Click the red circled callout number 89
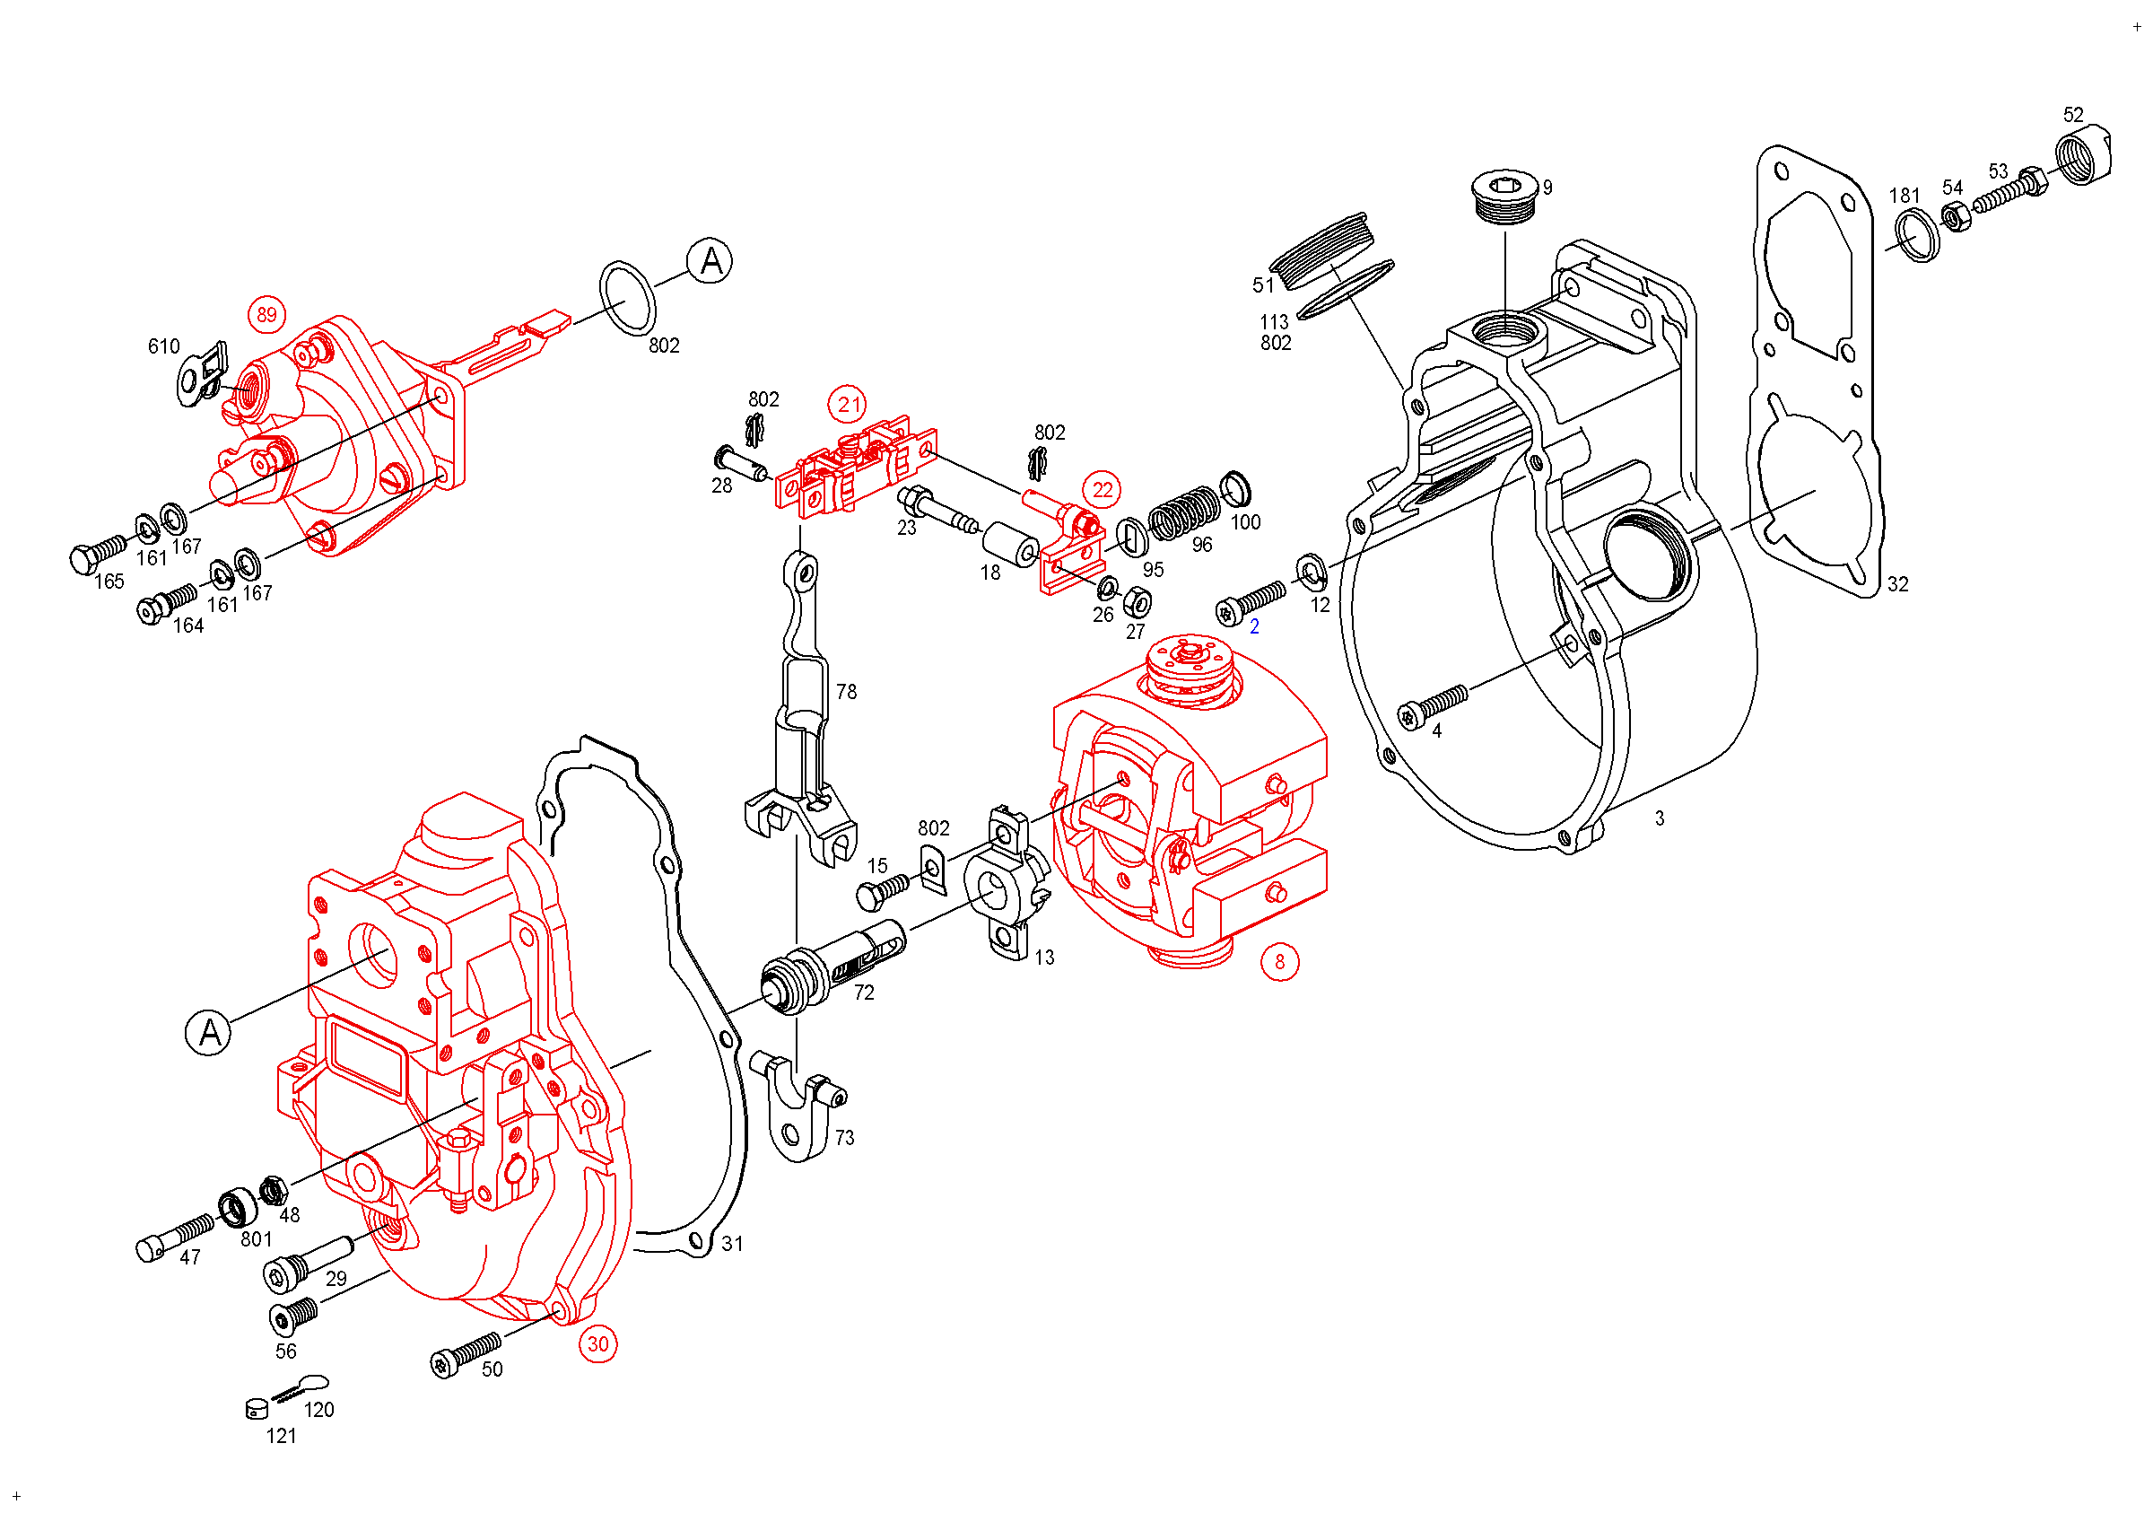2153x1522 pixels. click(x=267, y=315)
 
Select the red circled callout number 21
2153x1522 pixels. click(x=848, y=405)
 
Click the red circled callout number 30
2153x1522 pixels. click(x=598, y=1344)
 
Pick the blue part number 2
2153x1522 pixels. click(x=1255, y=627)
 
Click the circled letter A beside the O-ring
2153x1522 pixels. click(x=710, y=261)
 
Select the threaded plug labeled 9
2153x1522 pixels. click(x=1504, y=196)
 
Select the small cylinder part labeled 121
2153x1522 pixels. click(x=256, y=1409)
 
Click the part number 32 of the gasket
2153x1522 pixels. click(x=1898, y=585)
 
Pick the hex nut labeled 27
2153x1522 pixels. click(x=1138, y=601)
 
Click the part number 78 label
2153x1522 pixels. click(x=847, y=692)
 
